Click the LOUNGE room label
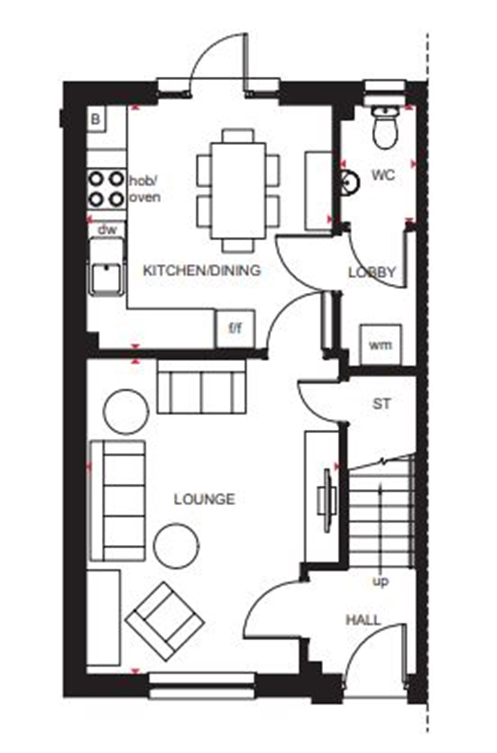click(x=204, y=499)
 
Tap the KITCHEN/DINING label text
click(x=201, y=270)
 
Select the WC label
click(x=383, y=175)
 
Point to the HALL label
click(x=363, y=620)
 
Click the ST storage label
click(x=381, y=403)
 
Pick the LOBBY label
click(x=372, y=272)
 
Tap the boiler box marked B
click(x=96, y=119)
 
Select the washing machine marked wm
click(x=380, y=345)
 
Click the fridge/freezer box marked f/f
click(x=235, y=329)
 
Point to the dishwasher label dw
click(x=107, y=230)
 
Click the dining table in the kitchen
click(x=238, y=190)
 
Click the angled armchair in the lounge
click(x=164, y=621)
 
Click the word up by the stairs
click(x=380, y=581)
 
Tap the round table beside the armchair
click(x=176, y=546)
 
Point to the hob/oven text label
click(x=144, y=189)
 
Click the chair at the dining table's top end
click(x=238, y=135)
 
